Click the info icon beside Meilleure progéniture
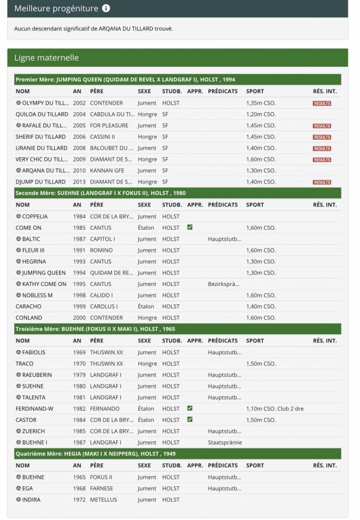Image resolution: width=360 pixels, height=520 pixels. click(106, 9)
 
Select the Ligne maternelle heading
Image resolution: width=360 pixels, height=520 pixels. click(47, 58)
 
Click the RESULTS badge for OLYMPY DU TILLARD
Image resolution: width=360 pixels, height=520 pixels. click(322, 103)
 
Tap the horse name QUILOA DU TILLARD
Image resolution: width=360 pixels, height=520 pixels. click(42, 114)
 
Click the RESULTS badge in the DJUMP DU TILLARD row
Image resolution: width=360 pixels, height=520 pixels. click(322, 183)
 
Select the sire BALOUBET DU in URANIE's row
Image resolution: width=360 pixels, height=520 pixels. click(111, 148)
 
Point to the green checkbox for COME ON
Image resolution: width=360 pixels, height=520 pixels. click(190, 227)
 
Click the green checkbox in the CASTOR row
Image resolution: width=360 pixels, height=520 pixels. click(190, 420)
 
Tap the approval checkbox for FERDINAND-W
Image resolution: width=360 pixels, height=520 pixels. click(190, 408)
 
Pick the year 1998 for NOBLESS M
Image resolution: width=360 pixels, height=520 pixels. click(79, 295)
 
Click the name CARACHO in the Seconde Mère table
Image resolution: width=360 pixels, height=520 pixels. click(29, 307)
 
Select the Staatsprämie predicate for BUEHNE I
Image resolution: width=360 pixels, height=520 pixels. click(224, 443)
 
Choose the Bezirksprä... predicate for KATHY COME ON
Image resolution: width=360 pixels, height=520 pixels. click(224, 284)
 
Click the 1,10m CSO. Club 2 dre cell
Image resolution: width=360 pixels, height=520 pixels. click(274, 409)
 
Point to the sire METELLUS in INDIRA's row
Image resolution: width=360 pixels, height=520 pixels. click(103, 499)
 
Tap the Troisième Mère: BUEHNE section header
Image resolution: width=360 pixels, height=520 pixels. click(95, 329)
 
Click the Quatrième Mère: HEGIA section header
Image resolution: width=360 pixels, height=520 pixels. click(95, 454)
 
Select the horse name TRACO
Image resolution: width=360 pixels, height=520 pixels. click(24, 363)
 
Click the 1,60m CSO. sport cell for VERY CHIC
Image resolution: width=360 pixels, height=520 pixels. click(261, 159)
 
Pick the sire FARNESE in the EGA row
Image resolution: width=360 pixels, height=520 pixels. click(101, 488)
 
